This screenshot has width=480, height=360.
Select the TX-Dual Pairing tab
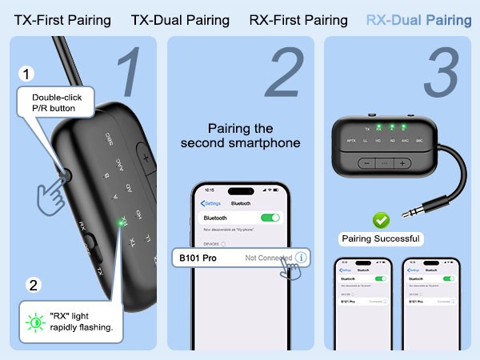[180, 20]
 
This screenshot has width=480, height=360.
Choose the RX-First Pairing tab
[298, 20]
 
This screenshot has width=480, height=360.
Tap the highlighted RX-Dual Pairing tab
[418, 20]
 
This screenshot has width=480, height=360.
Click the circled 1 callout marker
[28, 74]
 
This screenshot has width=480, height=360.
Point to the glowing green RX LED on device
[122, 224]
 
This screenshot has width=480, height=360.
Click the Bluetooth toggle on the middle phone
[271, 217]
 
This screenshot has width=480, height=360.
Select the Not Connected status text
[268, 258]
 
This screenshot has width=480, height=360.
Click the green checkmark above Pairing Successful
[381, 218]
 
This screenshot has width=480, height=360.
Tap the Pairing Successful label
[381, 238]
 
